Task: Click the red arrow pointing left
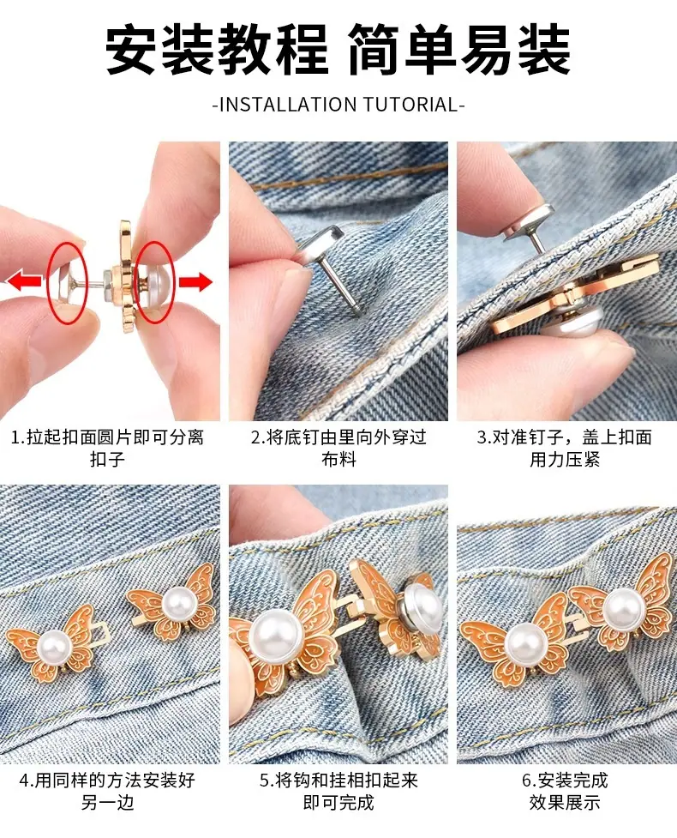pos(24,280)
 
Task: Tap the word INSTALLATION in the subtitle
pos(288,105)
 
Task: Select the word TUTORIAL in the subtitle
pos(410,105)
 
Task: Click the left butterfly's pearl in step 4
pos(54,646)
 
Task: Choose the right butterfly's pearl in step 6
pos(623,608)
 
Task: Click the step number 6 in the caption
pos(527,781)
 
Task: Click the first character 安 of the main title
pos(130,49)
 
